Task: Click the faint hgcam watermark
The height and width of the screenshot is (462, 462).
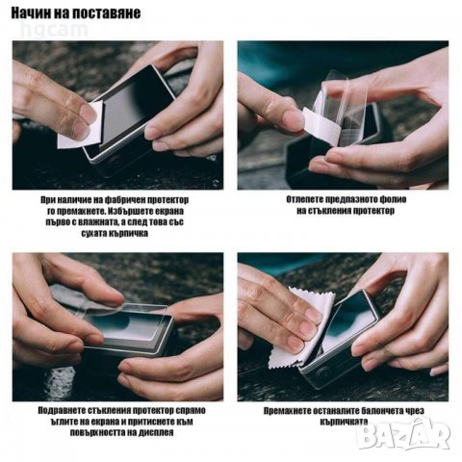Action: coord(54,30)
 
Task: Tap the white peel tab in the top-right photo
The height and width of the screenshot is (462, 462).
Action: coord(321,124)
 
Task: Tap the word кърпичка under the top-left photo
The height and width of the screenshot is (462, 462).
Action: coord(128,233)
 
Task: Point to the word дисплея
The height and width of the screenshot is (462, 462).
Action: coord(156,432)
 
